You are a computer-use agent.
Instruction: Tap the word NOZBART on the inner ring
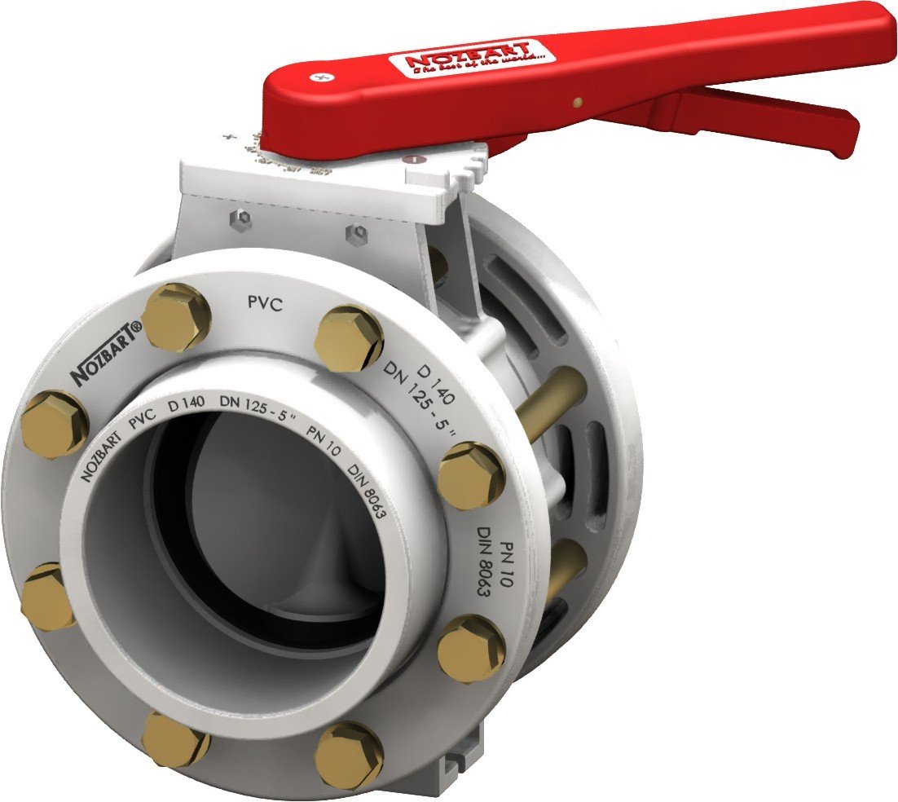click(x=100, y=458)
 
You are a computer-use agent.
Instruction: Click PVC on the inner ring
click(x=143, y=421)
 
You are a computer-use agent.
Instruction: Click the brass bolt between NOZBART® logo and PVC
click(x=176, y=317)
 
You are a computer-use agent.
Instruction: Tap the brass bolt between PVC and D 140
click(x=348, y=337)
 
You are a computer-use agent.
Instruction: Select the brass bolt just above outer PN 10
click(x=471, y=475)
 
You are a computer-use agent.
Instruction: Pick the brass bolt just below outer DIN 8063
click(x=471, y=648)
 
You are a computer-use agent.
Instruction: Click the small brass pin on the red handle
click(x=577, y=103)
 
